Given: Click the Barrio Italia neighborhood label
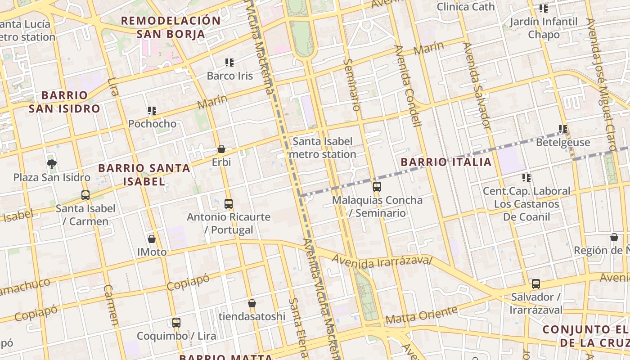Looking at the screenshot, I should click(x=446, y=162).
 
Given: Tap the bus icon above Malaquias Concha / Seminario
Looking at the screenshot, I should click(x=377, y=186).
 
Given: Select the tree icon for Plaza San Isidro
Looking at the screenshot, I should click(x=52, y=164).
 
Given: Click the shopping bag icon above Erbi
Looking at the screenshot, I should click(x=221, y=149).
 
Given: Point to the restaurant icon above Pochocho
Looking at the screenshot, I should click(x=152, y=110).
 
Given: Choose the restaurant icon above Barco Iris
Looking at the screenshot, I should click(x=229, y=63).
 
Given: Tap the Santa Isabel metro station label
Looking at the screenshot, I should click(x=322, y=148).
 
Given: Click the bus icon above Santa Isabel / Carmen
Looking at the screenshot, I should click(x=85, y=195).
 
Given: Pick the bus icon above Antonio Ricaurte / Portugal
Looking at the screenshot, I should click(x=229, y=204).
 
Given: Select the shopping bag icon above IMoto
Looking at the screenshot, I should click(x=152, y=239).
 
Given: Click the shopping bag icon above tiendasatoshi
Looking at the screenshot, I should click(x=252, y=303).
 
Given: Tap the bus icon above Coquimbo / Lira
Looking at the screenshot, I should click(x=176, y=323).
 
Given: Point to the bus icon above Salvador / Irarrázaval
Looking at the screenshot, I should click(x=535, y=284).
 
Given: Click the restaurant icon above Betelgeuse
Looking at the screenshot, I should click(x=563, y=129).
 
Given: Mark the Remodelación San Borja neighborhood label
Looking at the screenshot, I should click(x=171, y=27).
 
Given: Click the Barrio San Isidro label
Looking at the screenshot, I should click(x=64, y=102).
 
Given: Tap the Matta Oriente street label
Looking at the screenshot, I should click(x=421, y=315).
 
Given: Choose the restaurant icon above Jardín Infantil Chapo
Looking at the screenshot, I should click(x=544, y=8).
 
